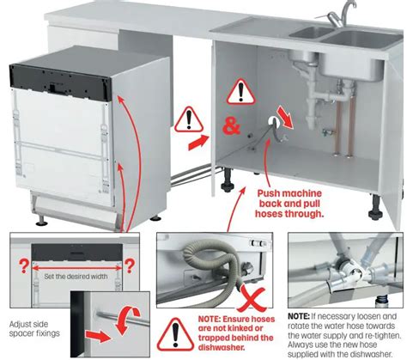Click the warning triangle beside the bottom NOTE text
click(176, 331)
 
